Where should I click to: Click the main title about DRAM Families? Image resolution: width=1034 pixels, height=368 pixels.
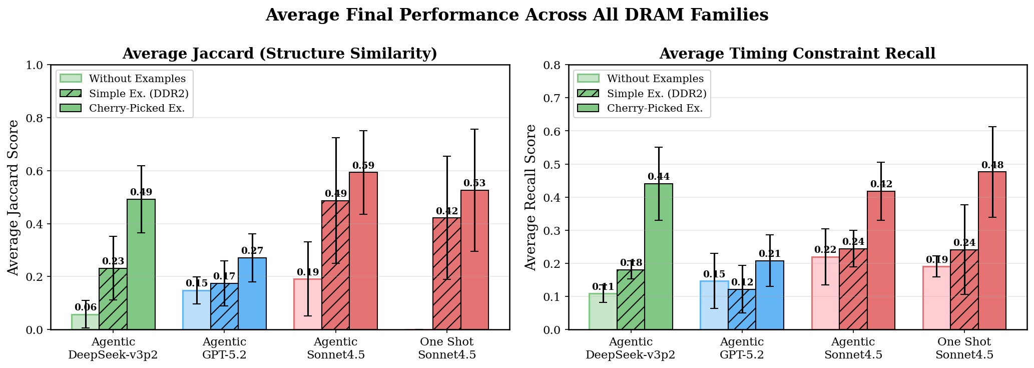[x=516, y=15]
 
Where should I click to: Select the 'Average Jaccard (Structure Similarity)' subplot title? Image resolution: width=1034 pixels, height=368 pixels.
[x=279, y=54]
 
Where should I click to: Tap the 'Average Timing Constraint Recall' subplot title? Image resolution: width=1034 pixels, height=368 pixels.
[x=797, y=54]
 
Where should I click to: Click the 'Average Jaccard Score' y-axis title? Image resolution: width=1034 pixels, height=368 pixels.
[x=14, y=197]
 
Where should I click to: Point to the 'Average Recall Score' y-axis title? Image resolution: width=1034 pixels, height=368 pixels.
[x=531, y=197]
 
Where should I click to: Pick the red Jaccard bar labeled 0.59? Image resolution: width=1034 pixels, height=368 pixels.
[x=363, y=250]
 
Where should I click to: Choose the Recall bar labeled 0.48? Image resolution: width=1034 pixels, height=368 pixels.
[x=992, y=250]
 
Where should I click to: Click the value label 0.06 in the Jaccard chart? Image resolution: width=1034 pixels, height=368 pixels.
[x=86, y=307]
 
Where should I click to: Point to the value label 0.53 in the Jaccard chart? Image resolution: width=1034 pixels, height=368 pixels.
[x=474, y=183]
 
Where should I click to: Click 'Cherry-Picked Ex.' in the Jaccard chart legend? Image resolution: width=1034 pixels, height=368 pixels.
[x=140, y=108]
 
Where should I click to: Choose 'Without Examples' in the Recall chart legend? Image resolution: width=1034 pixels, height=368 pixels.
[x=655, y=79]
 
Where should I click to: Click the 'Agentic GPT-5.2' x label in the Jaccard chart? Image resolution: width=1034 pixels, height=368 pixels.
[x=224, y=348]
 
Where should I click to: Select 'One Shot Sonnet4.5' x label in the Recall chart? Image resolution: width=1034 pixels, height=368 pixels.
[x=964, y=348]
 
